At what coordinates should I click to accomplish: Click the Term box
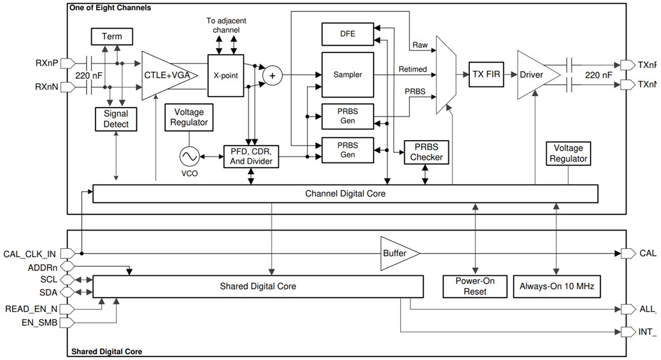tap(111, 37)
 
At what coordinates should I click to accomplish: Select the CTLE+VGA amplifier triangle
tap(168, 75)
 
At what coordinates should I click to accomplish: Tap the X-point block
tap(229, 76)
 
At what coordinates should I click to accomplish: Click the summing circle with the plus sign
tap(272, 75)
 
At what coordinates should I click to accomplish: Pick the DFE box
tap(347, 34)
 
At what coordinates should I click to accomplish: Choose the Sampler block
tap(347, 75)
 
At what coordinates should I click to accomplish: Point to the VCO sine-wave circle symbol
tap(188, 157)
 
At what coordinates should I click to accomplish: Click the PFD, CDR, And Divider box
tap(251, 156)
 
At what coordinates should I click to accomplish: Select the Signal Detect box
tap(116, 119)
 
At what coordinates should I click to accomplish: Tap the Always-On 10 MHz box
tap(556, 287)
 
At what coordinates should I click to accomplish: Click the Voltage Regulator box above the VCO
tap(189, 117)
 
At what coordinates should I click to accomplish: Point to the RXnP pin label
tap(47, 63)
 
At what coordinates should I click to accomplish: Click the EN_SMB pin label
tap(39, 323)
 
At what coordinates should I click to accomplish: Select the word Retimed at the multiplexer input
tap(413, 69)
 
